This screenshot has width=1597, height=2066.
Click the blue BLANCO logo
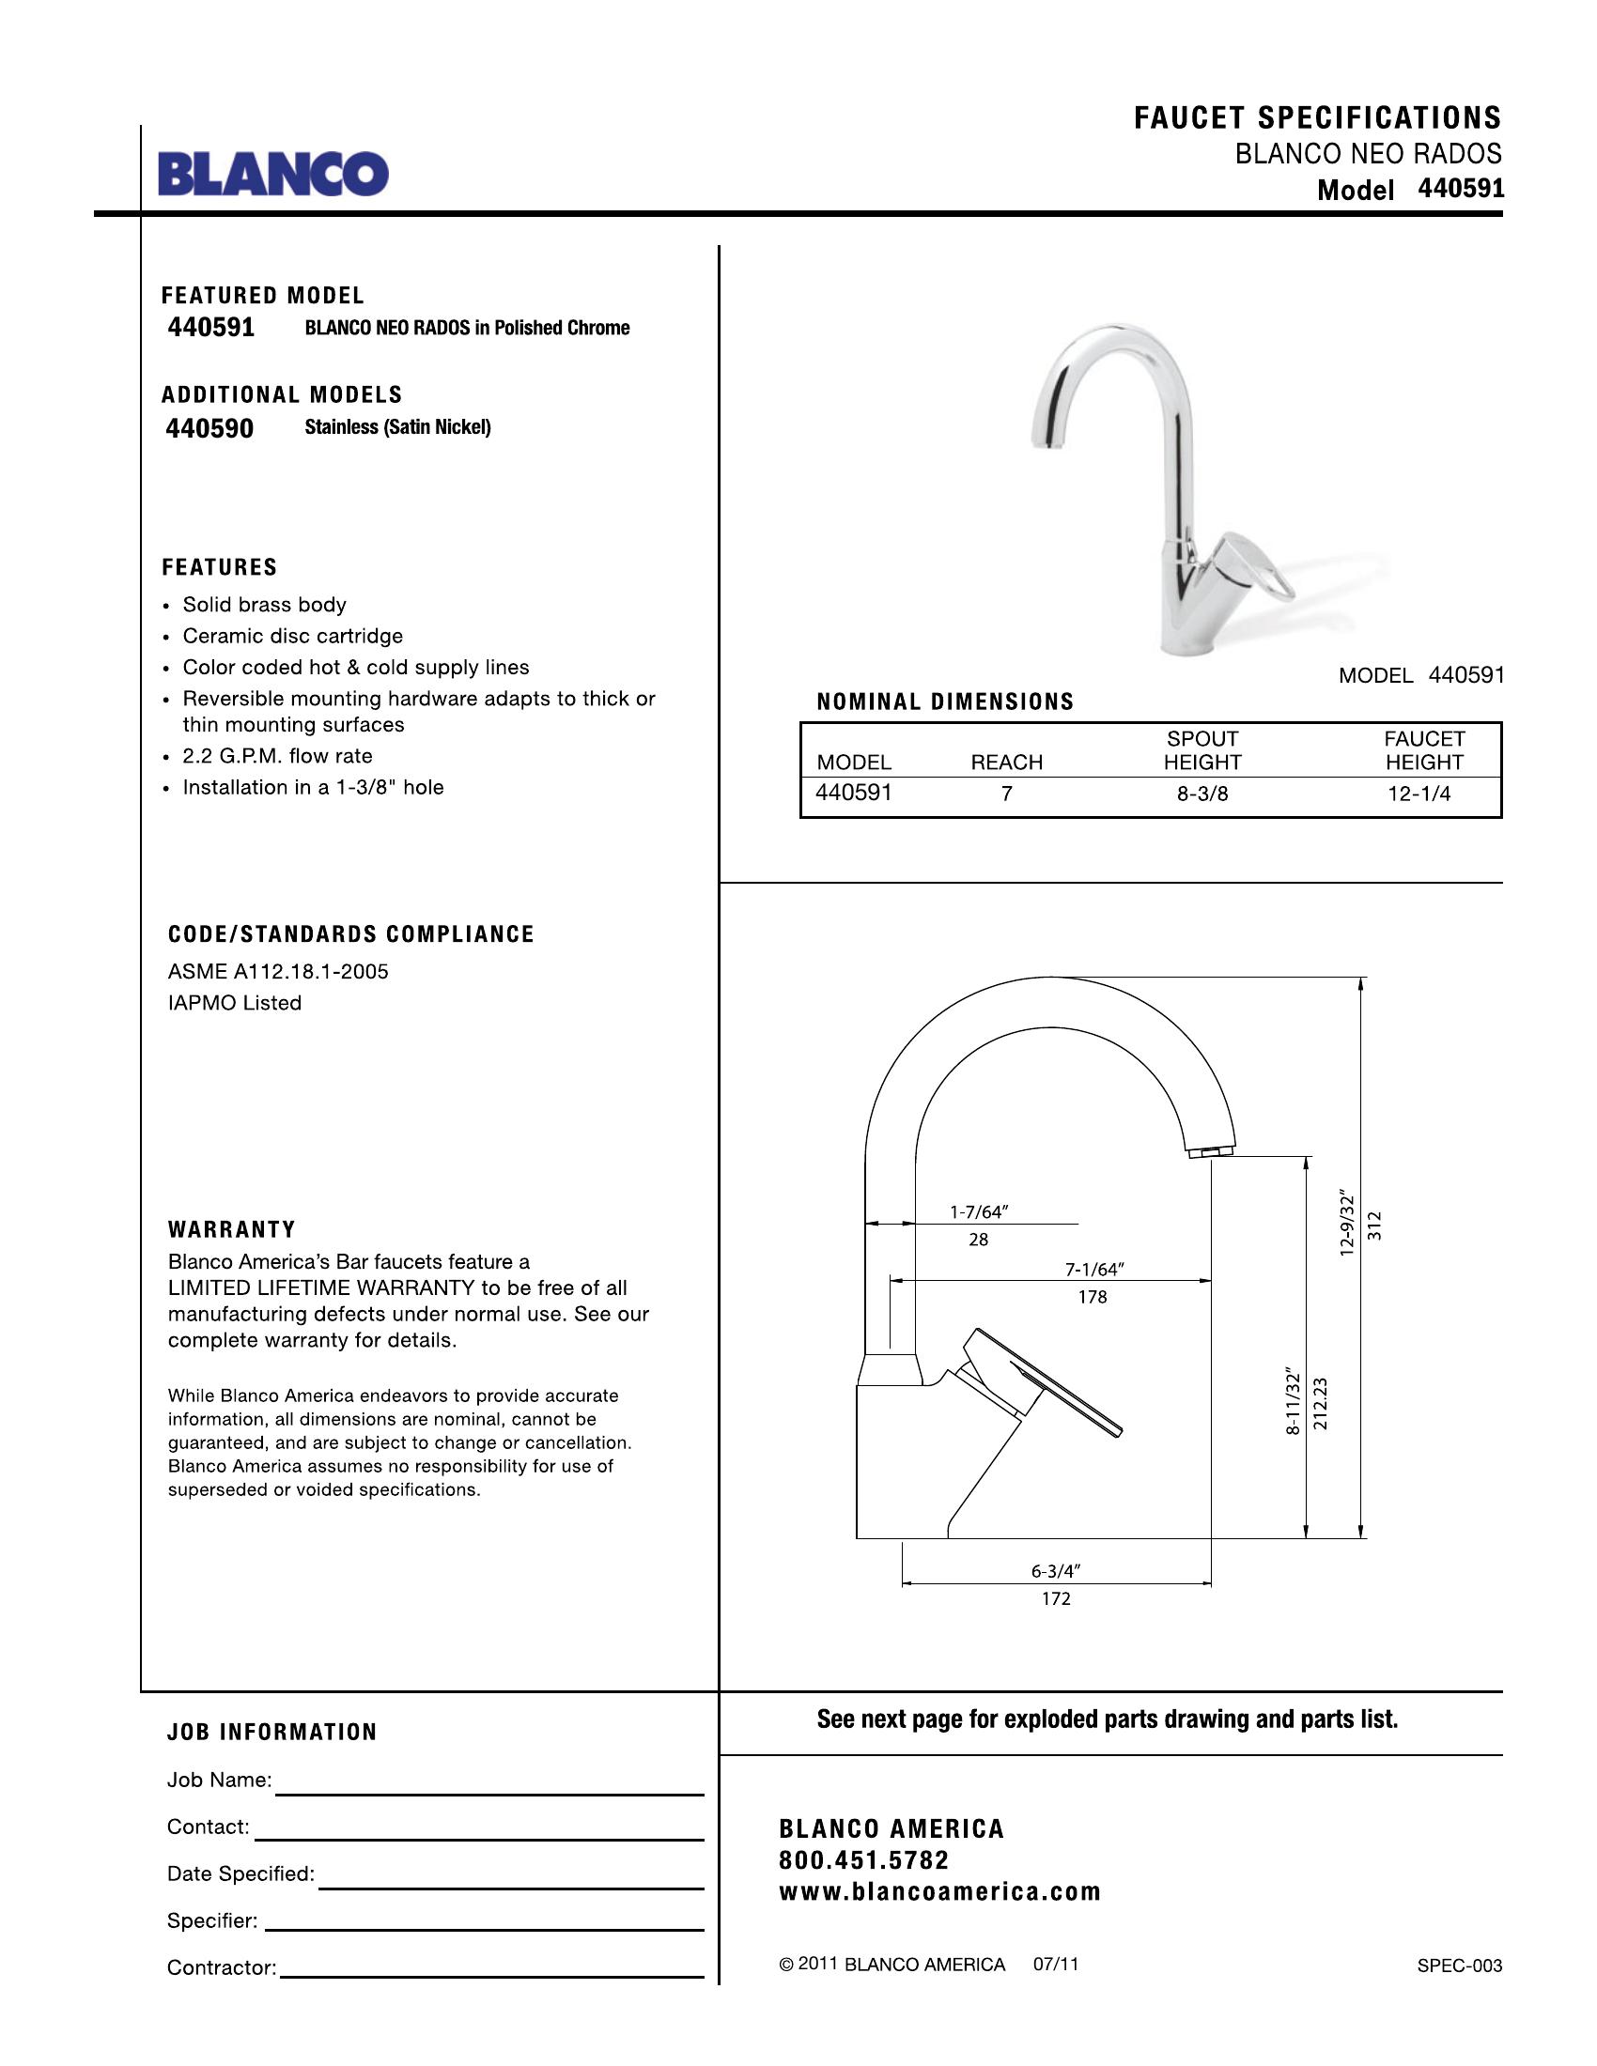coord(272,173)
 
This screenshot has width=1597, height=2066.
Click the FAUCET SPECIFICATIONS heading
coord(1317,118)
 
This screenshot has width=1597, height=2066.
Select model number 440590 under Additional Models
coord(209,428)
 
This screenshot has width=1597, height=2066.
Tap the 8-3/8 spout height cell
coord(1202,794)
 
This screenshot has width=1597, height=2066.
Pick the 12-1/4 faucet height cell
coord(1419,794)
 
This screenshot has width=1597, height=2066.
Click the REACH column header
coord(1006,763)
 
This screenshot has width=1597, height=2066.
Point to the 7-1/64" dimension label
coord(1094,1270)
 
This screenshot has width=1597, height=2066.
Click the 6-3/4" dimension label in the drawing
coord(1055,1571)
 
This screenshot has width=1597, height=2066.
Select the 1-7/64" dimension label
coord(978,1211)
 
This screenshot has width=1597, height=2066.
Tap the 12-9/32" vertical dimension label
coord(1347,1226)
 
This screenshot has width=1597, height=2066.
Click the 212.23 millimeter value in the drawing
coord(1321,1403)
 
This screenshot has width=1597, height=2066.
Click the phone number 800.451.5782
coord(862,1860)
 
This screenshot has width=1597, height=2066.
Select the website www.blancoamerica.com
coord(939,1892)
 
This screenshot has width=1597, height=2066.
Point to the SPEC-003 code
coord(1459,1966)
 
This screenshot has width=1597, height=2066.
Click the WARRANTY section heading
coord(232,1230)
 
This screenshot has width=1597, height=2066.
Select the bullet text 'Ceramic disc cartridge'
coord(292,636)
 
